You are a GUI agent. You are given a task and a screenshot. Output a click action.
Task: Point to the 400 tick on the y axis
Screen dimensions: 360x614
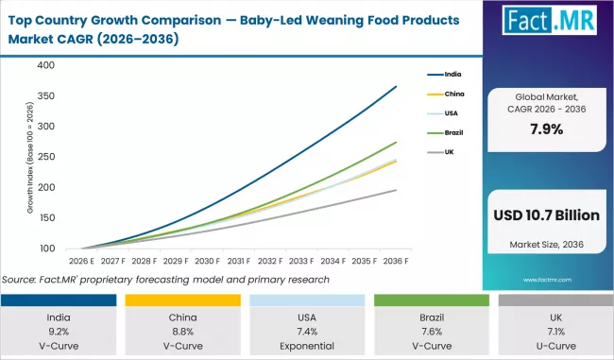click(x=46, y=65)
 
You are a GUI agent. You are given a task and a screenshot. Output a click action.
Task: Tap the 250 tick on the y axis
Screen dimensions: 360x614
click(x=46, y=157)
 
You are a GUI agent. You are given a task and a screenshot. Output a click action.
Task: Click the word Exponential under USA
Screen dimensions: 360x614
click(x=307, y=346)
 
